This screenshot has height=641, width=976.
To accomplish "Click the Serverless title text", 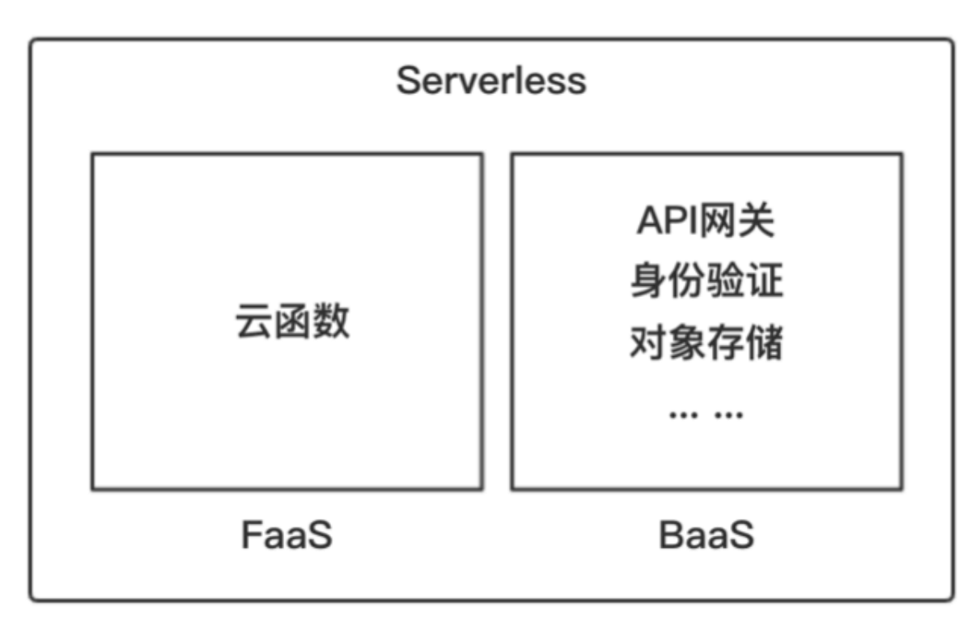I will click(x=491, y=82).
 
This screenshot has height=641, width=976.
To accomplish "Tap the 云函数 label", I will click(x=292, y=322).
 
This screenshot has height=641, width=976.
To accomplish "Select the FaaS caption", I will click(x=287, y=535).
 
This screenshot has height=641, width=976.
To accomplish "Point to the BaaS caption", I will click(x=706, y=535).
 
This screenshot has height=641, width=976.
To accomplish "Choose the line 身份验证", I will click(x=706, y=282).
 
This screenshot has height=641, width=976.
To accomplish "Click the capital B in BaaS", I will click(x=671, y=535).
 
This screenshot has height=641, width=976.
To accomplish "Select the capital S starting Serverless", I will click(x=409, y=82).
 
